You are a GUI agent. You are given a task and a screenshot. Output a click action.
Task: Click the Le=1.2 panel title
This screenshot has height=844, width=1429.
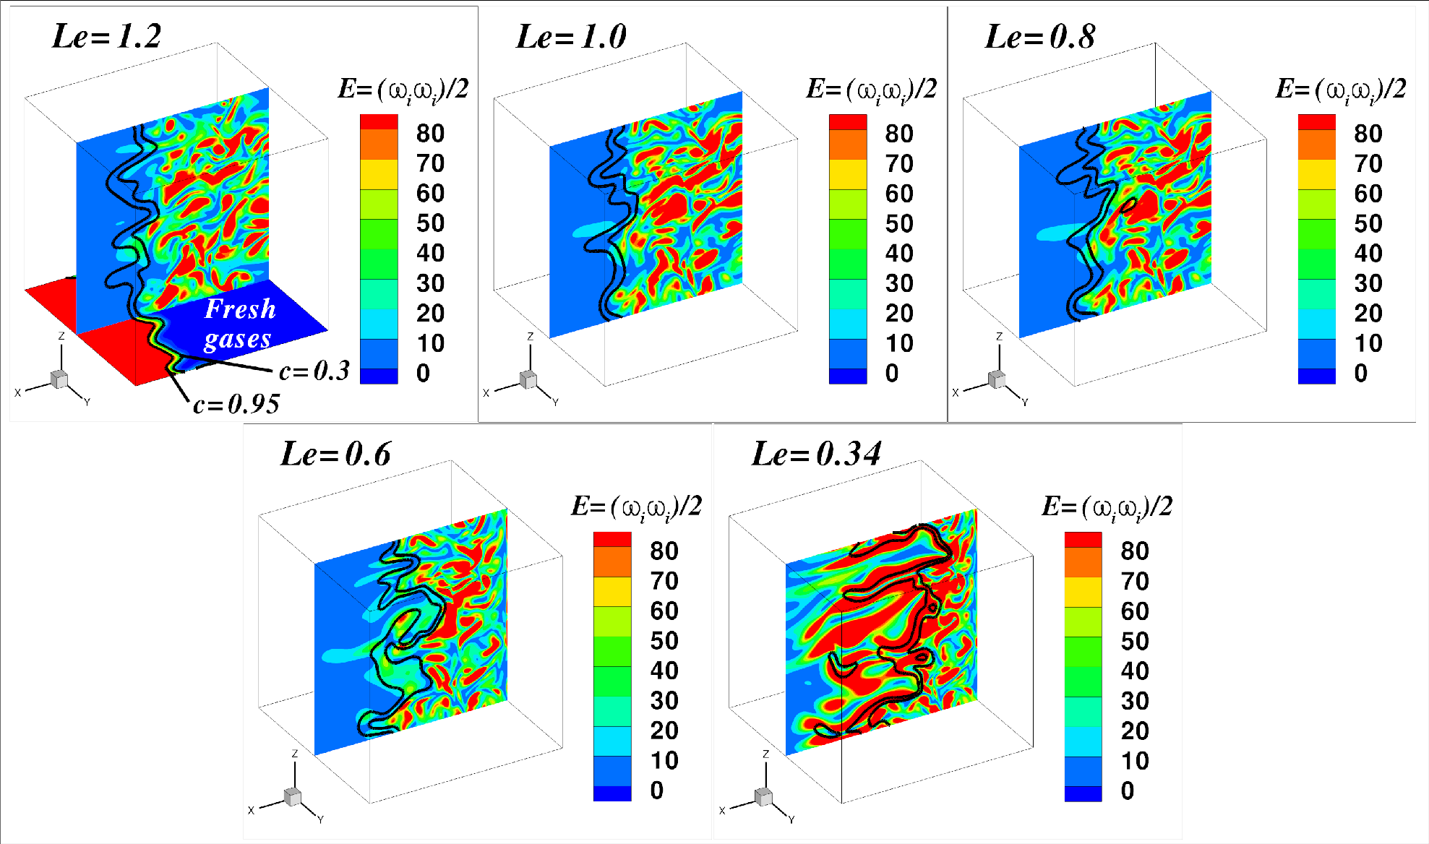[107, 36]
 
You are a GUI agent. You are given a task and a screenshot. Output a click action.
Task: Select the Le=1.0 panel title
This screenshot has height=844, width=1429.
[571, 36]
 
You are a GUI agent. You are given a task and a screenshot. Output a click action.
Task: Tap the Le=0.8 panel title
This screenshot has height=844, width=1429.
[1039, 36]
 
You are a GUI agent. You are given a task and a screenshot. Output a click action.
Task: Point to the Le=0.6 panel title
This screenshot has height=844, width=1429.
[335, 454]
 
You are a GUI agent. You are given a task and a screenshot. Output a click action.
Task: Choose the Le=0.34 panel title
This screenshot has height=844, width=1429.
[816, 454]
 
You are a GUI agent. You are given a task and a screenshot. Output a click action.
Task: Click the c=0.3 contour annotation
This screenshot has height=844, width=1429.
[314, 371]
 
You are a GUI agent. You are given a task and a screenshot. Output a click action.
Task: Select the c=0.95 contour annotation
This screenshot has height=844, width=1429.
[236, 404]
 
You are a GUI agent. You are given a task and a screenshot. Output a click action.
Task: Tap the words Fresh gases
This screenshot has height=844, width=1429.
[239, 323]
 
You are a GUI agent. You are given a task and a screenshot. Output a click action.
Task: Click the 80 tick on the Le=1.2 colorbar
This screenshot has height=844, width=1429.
[430, 134]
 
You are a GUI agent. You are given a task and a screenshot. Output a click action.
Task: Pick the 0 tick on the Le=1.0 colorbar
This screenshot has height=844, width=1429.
[892, 374]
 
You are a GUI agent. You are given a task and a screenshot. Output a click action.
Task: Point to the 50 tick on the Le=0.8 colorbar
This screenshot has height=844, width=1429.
[1368, 224]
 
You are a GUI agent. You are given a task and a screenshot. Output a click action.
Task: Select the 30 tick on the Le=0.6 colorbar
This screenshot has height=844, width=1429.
[664, 701]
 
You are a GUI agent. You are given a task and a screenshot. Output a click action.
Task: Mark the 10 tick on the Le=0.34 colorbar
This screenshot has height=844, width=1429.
[1134, 761]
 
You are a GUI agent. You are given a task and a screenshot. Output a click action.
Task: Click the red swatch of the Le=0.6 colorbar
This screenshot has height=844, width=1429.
[612, 539]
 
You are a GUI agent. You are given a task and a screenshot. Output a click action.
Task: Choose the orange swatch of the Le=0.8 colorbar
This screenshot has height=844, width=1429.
[1316, 145]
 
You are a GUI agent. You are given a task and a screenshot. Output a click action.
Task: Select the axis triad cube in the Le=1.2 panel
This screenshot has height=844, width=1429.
[59, 379]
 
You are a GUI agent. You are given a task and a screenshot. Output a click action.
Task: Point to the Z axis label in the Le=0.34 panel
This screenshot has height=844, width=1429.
[765, 754]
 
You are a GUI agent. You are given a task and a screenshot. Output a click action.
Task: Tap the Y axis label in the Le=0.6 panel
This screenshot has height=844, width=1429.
[320, 819]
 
